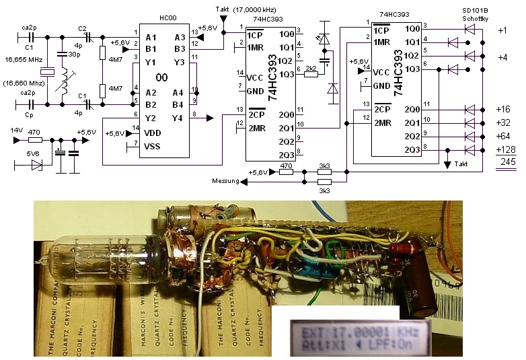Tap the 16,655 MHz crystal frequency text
coord(24,60)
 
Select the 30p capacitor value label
coord(69,55)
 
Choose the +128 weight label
coord(505,149)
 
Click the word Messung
coord(226,180)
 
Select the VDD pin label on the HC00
coord(152,133)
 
